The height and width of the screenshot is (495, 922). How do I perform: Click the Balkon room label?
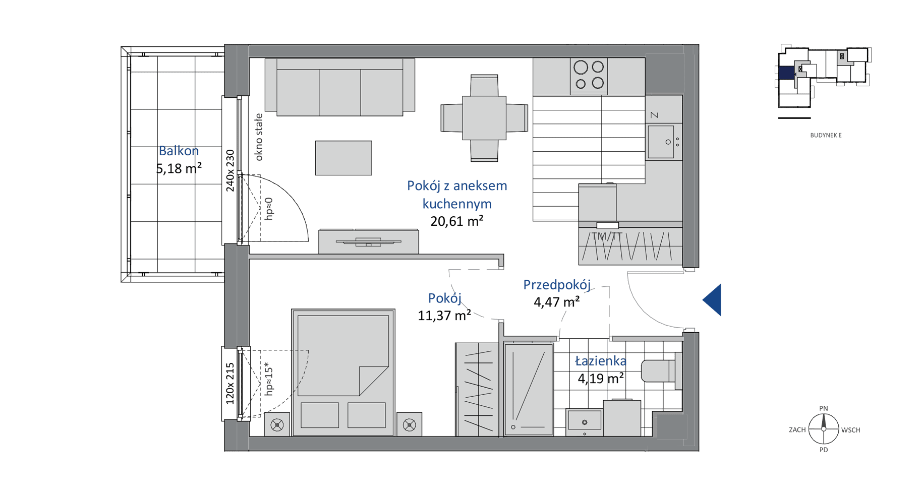pos(179,151)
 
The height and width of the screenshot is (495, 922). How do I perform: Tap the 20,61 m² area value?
pos(457,221)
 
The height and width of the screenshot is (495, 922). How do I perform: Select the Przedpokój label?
pos(557,285)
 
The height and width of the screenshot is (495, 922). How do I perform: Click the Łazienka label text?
pos(601,361)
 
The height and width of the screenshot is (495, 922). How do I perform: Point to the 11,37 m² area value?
pos(444,316)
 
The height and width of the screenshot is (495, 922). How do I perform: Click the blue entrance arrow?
pos(712,300)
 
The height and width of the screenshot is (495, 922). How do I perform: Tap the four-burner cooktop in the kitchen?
pos(589,75)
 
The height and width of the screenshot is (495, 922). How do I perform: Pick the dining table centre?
pos(484,118)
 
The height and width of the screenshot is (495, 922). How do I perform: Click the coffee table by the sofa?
pos(343,158)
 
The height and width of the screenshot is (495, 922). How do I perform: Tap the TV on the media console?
pos(369,241)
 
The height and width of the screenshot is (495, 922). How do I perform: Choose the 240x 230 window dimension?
pos(230,170)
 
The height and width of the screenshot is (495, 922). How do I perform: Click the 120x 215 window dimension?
pos(230,384)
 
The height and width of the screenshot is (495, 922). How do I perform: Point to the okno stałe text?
pos(259,137)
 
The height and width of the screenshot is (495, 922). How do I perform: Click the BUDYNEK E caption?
pos(826,135)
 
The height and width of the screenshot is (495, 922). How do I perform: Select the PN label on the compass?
pos(824,408)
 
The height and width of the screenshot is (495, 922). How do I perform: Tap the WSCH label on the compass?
pos(851,430)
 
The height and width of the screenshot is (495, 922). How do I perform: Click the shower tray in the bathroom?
pos(529,389)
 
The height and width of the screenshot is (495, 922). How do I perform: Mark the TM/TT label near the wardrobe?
pos(607,236)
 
